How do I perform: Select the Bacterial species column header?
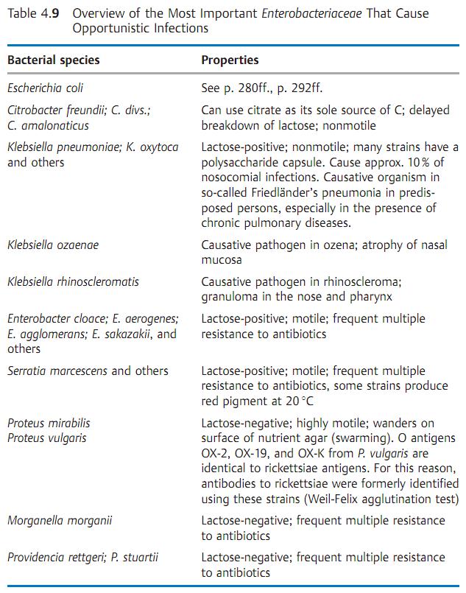tap(53, 60)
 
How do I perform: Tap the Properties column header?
tap(230, 60)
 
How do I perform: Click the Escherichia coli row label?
tap(45, 88)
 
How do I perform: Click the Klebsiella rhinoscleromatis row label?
tap(73, 282)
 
